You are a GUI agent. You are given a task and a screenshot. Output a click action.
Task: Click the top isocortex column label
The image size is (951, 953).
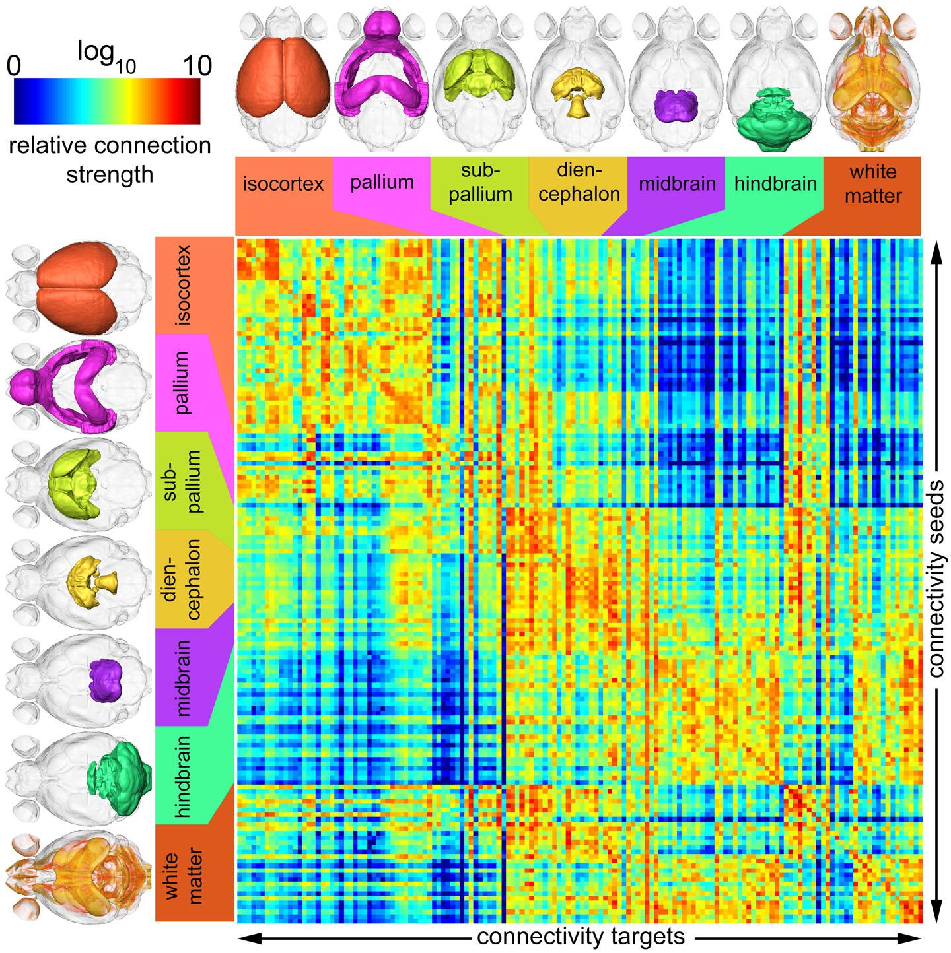[x=283, y=183]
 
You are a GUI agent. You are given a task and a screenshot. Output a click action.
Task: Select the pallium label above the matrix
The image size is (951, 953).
[x=382, y=182]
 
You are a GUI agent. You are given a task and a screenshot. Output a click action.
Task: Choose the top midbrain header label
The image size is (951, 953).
[x=678, y=183]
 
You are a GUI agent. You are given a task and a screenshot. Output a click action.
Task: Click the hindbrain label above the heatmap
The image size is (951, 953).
[x=775, y=183]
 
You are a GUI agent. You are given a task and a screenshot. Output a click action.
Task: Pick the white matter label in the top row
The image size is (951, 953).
[x=873, y=184]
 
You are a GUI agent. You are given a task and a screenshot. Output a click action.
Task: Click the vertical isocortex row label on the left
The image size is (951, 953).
[x=183, y=286]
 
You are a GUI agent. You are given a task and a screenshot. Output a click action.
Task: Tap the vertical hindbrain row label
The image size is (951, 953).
[x=183, y=776]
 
